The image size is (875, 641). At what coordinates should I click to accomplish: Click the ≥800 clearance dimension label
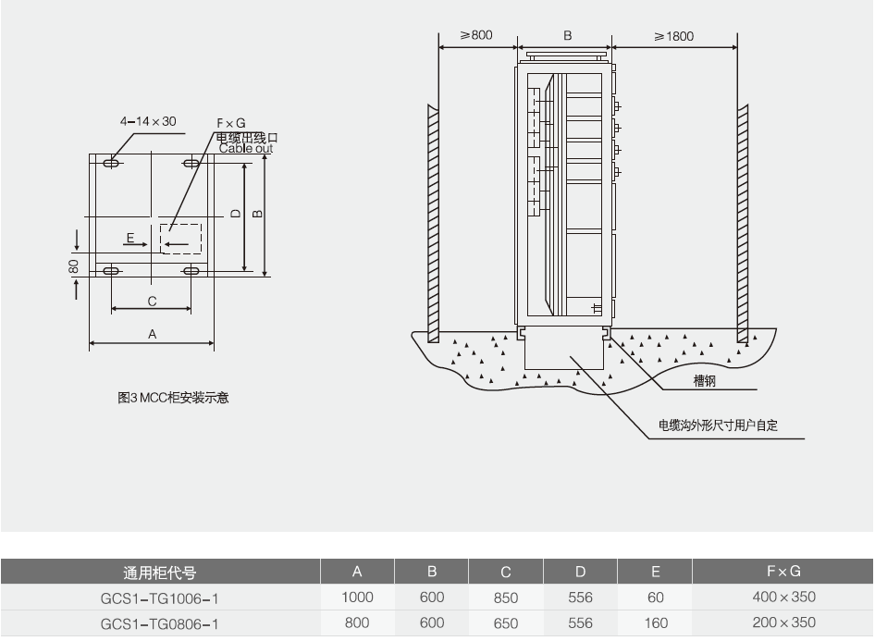click(476, 35)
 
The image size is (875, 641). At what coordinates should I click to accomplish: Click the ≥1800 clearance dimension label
click(673, 36)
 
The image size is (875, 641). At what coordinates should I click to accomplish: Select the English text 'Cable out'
click(246, 148)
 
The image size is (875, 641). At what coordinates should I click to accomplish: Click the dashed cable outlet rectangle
click(181, 238)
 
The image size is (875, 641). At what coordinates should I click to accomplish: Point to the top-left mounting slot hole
click(112, 163)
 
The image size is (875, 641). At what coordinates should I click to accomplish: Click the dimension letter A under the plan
click(153, 334)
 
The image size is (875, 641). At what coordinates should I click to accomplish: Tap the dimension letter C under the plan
click(152, 301)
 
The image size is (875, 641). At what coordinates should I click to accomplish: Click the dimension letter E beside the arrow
click(130, 238)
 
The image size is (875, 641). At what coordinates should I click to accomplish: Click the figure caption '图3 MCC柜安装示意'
click(173, 398)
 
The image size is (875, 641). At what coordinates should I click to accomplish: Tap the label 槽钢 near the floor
click(705, 381)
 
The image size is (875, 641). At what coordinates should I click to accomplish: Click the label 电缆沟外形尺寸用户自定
click(718, 425)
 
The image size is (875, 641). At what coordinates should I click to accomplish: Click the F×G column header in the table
click(783, 572)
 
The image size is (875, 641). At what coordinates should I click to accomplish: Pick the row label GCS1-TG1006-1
click(160, 598)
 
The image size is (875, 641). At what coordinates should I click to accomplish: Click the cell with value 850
click(506, 598)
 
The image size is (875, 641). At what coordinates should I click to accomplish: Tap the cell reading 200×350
click(783, 623)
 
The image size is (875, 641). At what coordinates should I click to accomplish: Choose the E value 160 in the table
click(655, 623)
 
